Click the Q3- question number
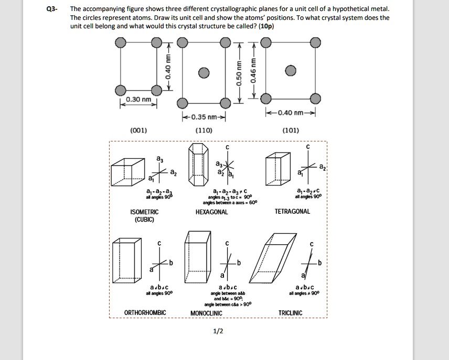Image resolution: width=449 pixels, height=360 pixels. point(49,9)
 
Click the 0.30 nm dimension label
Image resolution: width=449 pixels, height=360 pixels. point(138,100)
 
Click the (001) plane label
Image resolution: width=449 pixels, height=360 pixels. point(138,130)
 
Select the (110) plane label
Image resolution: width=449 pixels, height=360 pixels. point(204,130)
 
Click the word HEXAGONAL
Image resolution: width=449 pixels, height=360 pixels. point(211,212)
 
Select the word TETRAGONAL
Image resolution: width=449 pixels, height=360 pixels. point(292,212)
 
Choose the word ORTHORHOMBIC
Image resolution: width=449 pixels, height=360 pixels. point(145,313)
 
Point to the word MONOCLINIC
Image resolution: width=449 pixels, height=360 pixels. point(206,313)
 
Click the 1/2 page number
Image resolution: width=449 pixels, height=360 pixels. point(218,331)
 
